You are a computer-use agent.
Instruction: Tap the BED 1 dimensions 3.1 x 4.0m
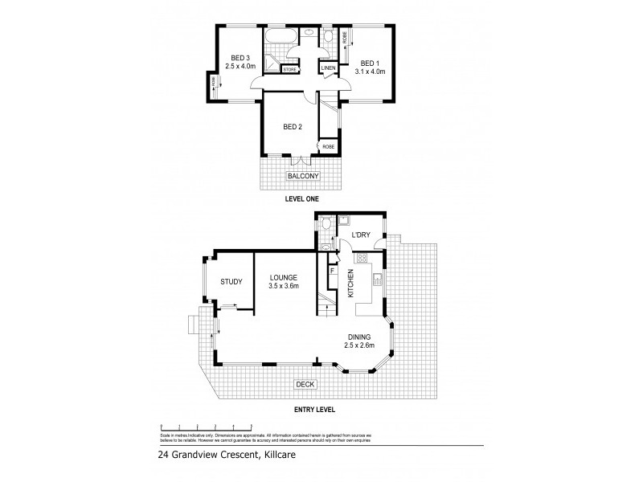370,71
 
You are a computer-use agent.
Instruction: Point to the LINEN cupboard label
328,69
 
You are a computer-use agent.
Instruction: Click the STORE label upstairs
290,70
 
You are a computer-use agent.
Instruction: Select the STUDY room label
232,281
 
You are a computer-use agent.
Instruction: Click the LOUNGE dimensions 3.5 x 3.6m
283,285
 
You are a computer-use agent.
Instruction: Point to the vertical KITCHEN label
351,284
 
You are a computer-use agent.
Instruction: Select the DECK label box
305,385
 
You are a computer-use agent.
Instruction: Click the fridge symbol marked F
331,271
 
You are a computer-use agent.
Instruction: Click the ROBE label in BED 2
328,147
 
